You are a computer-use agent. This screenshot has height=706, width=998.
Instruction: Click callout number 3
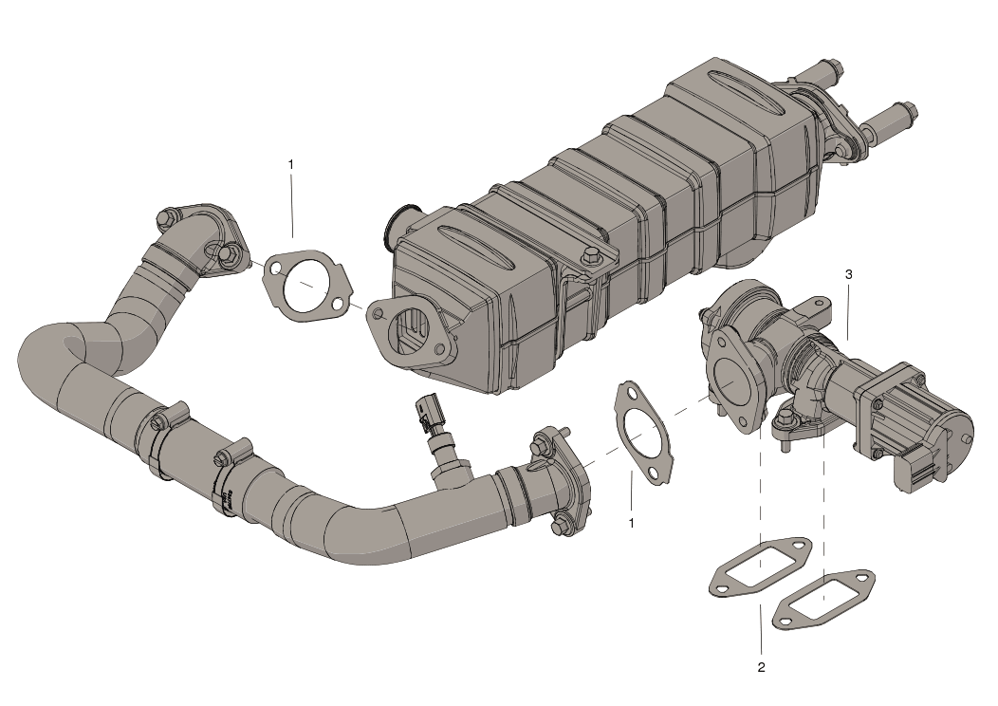pyautogui.click(x=848, y=274)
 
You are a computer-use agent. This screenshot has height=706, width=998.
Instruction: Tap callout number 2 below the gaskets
pyautogui.click(x=761, y=667)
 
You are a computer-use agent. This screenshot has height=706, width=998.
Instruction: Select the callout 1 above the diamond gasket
pyautogui.click(x=291, y=164)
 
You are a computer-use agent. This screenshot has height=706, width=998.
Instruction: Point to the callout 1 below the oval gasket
pyautogui.click(x=632, y=522)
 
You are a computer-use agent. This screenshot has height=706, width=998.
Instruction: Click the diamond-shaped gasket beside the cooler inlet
pyautogui.click(x=306, y=282)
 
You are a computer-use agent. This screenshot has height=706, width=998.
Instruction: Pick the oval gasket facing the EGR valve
pyautogui.click(x=644, y=433)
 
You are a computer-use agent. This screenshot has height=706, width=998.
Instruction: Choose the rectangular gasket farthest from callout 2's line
pyautogui.click(x=822, y=599)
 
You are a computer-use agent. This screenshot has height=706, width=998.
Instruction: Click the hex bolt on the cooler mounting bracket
pyautogui.click(x=593, y=256)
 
